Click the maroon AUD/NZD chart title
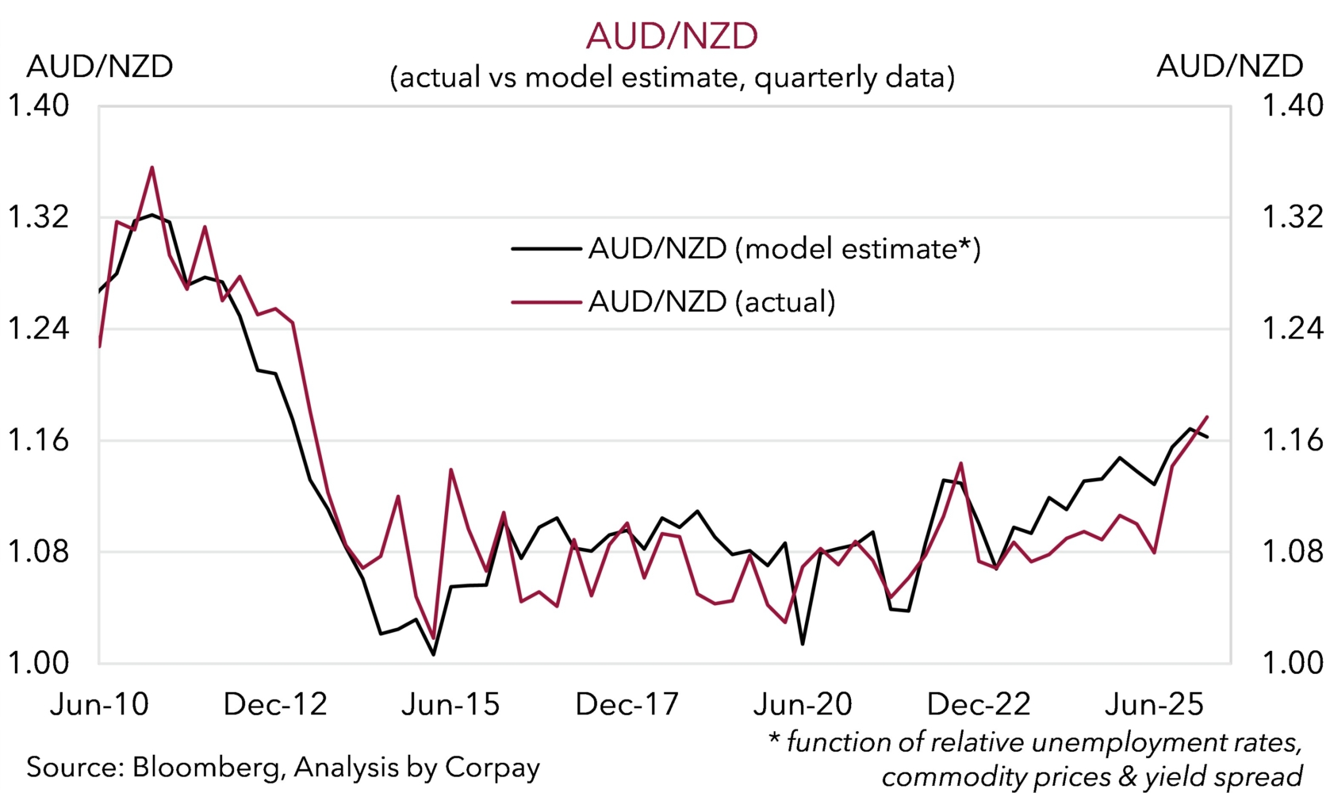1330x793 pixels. (672, 36)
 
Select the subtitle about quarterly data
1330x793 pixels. (672, 78)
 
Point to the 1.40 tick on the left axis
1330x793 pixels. (37, 105)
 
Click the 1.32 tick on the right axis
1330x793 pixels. (1292, 217)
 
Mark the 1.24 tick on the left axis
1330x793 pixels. (37, 328)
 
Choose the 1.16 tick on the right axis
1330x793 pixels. (1292, 440)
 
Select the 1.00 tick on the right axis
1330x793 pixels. (1292, 663)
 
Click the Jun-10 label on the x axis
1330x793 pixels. (99, 704)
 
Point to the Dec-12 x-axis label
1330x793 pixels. (275, 704)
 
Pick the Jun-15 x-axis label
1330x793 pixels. (450, 704)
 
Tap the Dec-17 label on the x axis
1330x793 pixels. (627, 704)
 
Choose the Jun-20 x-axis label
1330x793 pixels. (803, 704)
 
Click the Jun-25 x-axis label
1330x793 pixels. (1154, 704)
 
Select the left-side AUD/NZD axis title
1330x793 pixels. (100, 67)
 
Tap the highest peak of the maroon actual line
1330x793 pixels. (151, 167)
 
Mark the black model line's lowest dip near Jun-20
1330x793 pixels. (803, 644)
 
